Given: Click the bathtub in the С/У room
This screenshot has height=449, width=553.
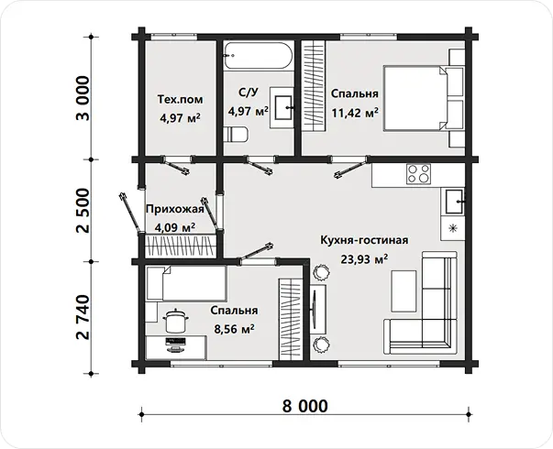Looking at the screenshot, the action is point(259,56).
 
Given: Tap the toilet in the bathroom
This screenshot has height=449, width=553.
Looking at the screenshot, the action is point(236,135).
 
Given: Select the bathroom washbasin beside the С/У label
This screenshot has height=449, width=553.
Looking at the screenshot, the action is point(282,107).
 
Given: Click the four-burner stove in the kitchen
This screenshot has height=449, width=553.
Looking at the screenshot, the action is point(418,174).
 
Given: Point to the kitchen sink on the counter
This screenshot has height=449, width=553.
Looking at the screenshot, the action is point(454,202).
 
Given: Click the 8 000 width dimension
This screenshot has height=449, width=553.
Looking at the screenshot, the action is point(304,406).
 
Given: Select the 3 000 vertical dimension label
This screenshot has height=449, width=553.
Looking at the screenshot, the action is point(83,98).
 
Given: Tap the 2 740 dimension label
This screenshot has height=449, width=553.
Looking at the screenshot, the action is point(83,317).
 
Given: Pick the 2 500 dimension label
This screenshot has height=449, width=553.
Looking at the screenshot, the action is point(83,211).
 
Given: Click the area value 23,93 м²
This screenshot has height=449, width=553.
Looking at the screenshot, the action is point(364,259).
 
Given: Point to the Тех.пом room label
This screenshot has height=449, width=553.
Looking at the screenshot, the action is point(180,99).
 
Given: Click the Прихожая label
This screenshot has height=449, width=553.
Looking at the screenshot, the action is point(175,209).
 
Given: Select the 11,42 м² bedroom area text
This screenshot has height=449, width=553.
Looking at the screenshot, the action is point(355,113).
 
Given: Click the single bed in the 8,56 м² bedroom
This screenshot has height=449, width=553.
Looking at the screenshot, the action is point(186,283).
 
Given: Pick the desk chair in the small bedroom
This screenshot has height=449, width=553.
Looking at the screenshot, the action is point(175,321).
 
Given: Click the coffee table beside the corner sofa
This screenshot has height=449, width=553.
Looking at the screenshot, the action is point(404,290).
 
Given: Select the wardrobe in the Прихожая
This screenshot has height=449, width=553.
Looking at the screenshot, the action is point(181,246).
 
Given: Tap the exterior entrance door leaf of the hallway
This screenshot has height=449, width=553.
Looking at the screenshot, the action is point(131,213).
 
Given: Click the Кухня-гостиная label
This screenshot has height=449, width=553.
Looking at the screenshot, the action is point(364,240).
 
